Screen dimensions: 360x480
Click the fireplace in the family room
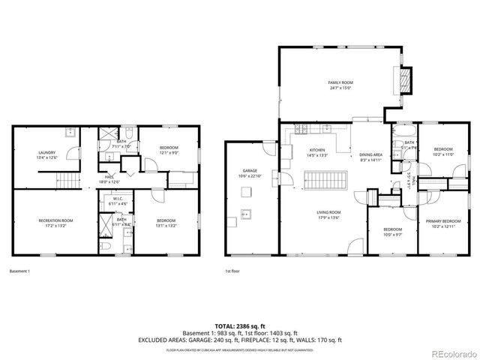tap(405, 79)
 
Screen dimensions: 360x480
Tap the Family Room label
tap(340, 82)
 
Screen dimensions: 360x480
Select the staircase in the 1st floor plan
tap(325, 181)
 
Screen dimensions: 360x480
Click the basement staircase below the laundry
tap(68, 181)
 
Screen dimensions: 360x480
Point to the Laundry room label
tap(47, 153)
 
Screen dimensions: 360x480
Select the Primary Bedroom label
tap(443, 220)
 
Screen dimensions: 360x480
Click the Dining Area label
tap(371, 154)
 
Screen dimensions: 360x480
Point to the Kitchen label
tap(318, 151)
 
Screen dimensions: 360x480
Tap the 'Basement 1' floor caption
tap(19, 271)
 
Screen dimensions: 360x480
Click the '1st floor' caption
tap(233, 271)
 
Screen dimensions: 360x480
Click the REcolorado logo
tap(450, 352)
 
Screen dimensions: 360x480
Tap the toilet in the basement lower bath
tap(106, 245)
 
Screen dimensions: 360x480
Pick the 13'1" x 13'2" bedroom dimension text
tap(166, 224)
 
